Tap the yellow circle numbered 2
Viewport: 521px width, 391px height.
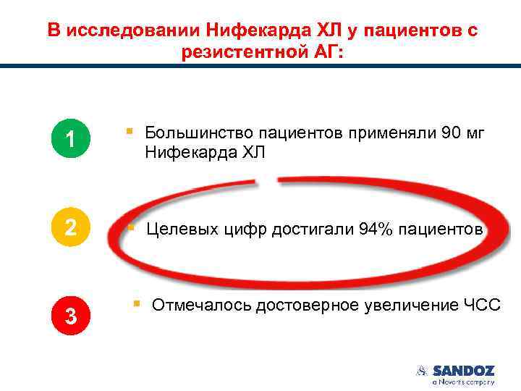(69, 227)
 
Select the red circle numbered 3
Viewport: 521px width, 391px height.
(69, 316)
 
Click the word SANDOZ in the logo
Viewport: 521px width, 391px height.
(464, 371)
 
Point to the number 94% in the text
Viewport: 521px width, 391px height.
(374, 230)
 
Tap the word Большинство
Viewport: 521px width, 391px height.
(190, 133)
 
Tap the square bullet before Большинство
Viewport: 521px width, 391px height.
(128, 132)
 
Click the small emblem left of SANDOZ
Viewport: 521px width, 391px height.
(423, 371)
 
